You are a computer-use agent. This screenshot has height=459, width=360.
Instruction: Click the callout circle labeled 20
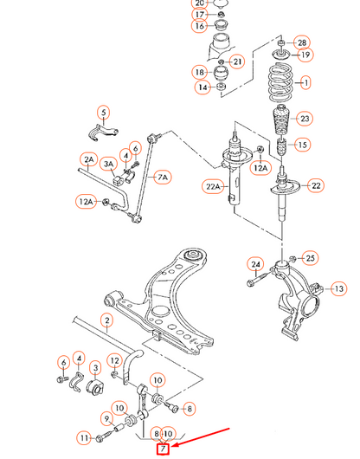click(x=200, y=3)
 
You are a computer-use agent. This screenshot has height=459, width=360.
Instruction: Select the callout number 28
click(x=301, y=42)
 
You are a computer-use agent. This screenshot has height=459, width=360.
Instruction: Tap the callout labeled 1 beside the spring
click(x=304, y=84)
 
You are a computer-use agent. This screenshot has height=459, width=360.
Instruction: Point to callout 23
click(x=304, y=119)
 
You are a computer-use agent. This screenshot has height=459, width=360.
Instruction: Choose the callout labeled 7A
click(x=162, y=178)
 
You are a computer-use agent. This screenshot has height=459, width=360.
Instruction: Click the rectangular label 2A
click(x=88, y=159)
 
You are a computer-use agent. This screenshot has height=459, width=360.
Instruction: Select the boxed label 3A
click(x=110, y=164)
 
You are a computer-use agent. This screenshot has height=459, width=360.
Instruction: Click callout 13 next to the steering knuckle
click(x=339, y=288)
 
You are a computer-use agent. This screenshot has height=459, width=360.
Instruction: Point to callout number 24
click(x=254, y=264)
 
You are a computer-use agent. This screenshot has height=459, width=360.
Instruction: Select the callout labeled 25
click(x=311, y=257)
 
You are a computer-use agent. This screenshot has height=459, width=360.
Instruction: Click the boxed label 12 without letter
click(x=114, y=359)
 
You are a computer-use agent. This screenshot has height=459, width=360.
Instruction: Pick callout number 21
click(x=238, y=61)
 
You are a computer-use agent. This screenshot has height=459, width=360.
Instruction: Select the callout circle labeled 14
click(x=202, y=87)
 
